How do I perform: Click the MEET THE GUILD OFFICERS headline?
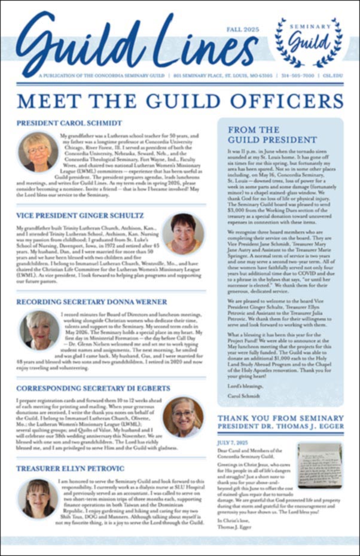pos(180,100)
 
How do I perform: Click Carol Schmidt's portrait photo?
pos(38,151)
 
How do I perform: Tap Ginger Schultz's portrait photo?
pos(182,233)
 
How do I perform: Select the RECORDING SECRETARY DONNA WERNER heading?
pos(91,302)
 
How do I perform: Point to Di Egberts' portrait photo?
pos(182,417)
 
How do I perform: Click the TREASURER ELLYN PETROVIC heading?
pos(71,468)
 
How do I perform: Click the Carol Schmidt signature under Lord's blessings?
pos(242,396)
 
